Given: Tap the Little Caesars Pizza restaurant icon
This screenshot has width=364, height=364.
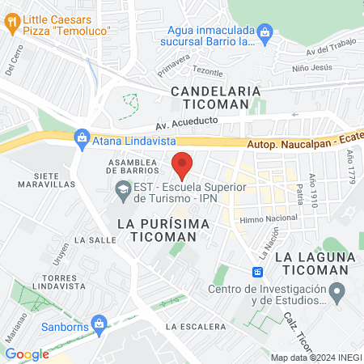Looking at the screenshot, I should click(x=11, y=25).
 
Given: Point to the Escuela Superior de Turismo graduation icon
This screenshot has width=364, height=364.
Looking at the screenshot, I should click(x=122, y=192).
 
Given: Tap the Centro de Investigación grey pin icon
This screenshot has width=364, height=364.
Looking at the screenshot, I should click(x=339, y=290).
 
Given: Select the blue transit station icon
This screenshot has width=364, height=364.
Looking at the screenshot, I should click(x=257, y=272).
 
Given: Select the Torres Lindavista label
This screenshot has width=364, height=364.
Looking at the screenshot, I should click(x=44, y=283).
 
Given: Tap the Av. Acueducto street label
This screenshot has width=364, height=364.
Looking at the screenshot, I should click(x=188, y=126).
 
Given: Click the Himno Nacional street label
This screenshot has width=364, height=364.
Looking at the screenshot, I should click(x=269, y=218).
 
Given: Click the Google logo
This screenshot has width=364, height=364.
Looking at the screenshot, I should click(x=28, y=353).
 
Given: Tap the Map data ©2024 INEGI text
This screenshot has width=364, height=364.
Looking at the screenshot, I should click(x=315, y=358).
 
